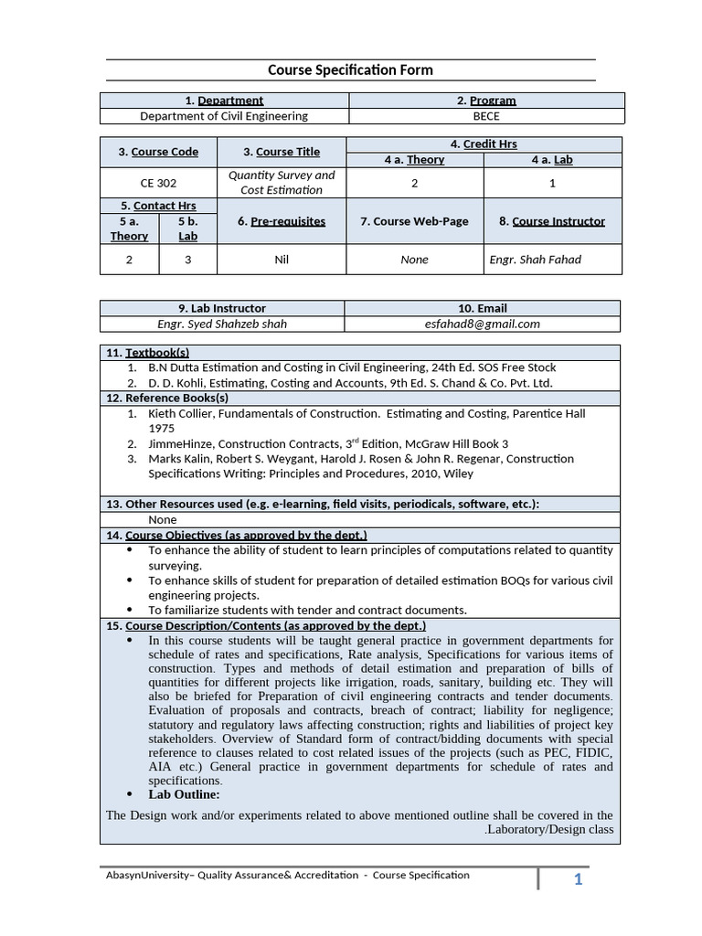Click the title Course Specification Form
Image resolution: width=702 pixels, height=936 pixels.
coord(350,69)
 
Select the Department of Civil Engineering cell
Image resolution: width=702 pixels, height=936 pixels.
coord(224,116)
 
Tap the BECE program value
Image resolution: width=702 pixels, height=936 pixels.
coord(486,116)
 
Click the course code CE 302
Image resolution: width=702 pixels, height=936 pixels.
coord(158,183)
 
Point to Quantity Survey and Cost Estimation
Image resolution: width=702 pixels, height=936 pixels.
coord(282,183)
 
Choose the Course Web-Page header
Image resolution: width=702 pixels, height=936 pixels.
coord(414,221)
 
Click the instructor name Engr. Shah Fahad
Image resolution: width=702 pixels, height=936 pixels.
coord(535,260)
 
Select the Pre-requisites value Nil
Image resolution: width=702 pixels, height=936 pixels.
coord(282,260)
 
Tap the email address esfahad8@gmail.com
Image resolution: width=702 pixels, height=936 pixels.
coord(483,324)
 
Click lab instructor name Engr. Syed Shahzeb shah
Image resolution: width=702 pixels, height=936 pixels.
coord(222,324)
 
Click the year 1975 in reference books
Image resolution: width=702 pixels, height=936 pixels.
coord(162,428)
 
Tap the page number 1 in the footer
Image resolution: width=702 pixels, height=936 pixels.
coord(578,879)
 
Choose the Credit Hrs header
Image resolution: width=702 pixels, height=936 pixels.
coord(484,144)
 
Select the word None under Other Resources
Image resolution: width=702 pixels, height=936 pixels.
coord(163,519)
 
